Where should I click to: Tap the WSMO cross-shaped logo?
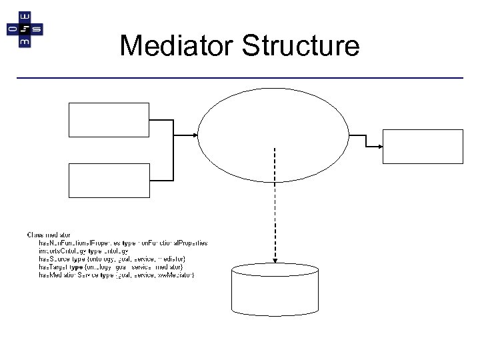(25, 29)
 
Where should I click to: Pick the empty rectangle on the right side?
(422, 147)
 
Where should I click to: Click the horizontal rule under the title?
(240, 79)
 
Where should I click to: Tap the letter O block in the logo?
(13, 29)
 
